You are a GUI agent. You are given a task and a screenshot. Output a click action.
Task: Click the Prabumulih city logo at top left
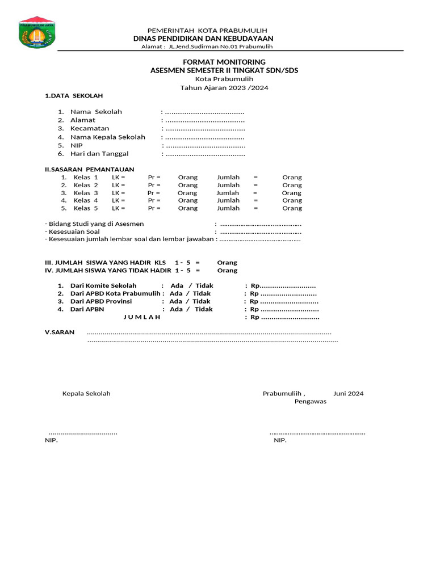click(x=37, y=33)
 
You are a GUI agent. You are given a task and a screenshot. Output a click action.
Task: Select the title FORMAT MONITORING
click(x=224, y=61)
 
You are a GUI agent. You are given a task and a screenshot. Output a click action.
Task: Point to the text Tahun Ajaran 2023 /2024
click(x=224, y=88)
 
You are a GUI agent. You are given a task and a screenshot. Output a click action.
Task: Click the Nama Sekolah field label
click(x=96, y=112)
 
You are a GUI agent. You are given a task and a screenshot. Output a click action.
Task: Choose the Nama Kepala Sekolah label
click(x=108, y=137)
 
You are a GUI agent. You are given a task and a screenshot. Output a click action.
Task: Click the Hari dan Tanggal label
click(x=99, y=154)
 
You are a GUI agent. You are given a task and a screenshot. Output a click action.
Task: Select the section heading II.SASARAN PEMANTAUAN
click(x=90, y=169)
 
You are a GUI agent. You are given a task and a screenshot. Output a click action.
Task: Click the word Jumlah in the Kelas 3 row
click(x=228, y=193)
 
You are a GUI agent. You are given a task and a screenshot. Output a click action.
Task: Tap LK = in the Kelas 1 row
click(x=118, y=178)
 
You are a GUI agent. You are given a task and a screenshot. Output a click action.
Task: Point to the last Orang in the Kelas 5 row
click(x=292, y=208)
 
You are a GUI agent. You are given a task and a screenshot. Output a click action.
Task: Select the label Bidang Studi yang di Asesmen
click(x=94, y=224)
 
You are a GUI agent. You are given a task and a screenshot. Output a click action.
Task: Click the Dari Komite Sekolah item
click(x=103, y=285)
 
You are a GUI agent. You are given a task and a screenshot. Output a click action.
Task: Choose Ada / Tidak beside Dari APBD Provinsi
click(x=190, y=301)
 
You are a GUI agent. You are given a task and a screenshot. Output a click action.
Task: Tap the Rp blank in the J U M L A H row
click(x=284, y=317)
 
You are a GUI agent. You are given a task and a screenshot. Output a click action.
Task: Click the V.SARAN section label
click(x=60, y=332)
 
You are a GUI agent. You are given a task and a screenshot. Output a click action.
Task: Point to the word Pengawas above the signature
click(x=310, y=401)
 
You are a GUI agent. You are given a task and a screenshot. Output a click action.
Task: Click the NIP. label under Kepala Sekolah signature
click(x=51, y=440)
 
